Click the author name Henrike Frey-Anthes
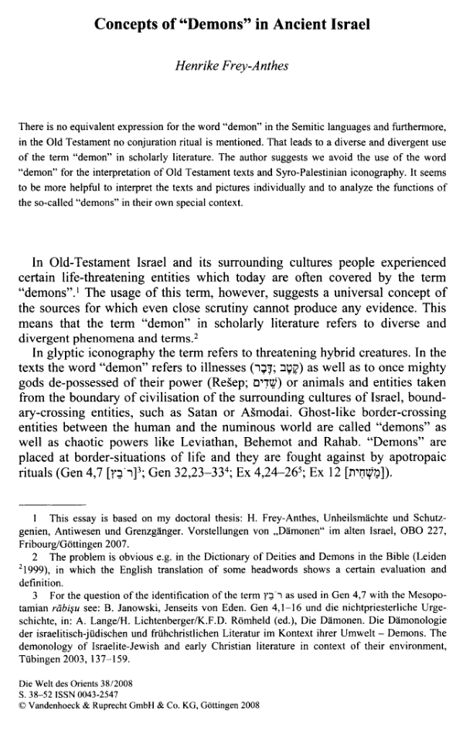[233, 67]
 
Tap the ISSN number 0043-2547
[93, 695]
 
